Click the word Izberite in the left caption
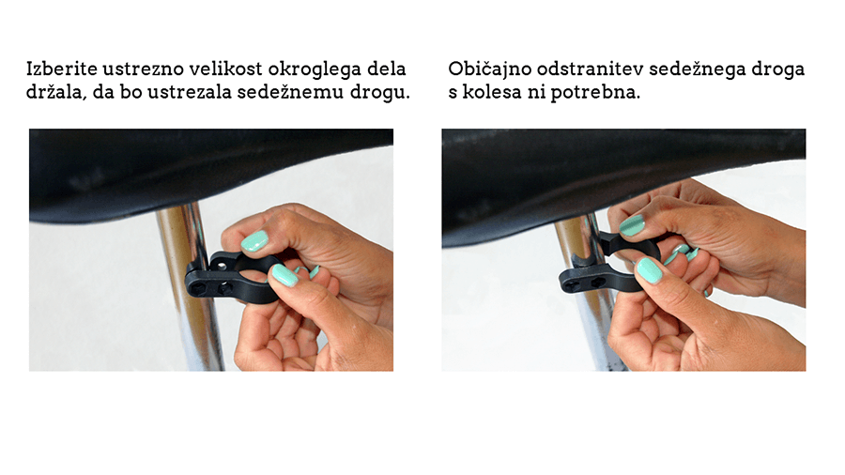click(x=62, y=69)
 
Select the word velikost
click(x=225, y=69)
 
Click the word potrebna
click(x=595, y=93)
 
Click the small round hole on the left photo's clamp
click(x=221, y=265)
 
